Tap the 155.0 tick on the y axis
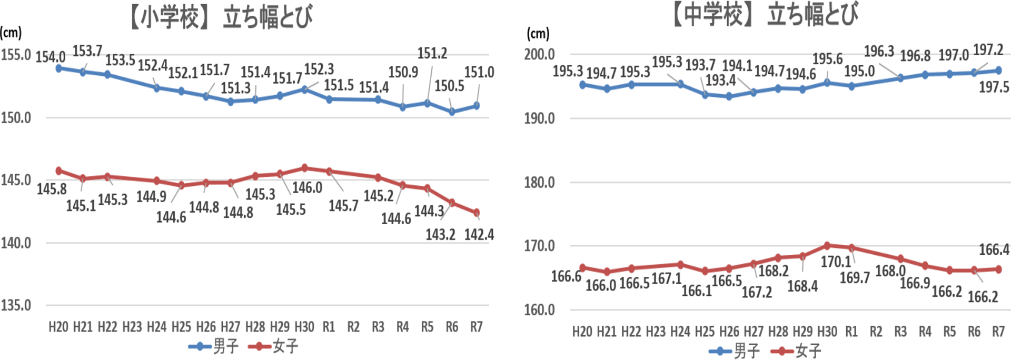[16, 55]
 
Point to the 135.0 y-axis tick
[16, 305]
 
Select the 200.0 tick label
[539, 54]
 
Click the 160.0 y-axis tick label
[539, 309]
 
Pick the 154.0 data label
[51, 57]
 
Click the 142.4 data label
[479, 234]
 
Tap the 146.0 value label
[307, 187]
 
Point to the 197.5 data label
[994, 87]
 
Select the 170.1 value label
[836, 261]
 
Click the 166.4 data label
[994, 249]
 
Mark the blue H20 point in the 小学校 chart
[58, 68]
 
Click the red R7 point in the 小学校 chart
[477, 213]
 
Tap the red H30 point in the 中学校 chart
[827, 245]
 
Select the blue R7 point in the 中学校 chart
[998, 71]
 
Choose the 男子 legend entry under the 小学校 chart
[214, 346]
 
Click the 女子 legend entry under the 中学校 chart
[796, 351]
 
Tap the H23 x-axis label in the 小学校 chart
[132, 327]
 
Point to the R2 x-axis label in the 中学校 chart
[876, 332]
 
